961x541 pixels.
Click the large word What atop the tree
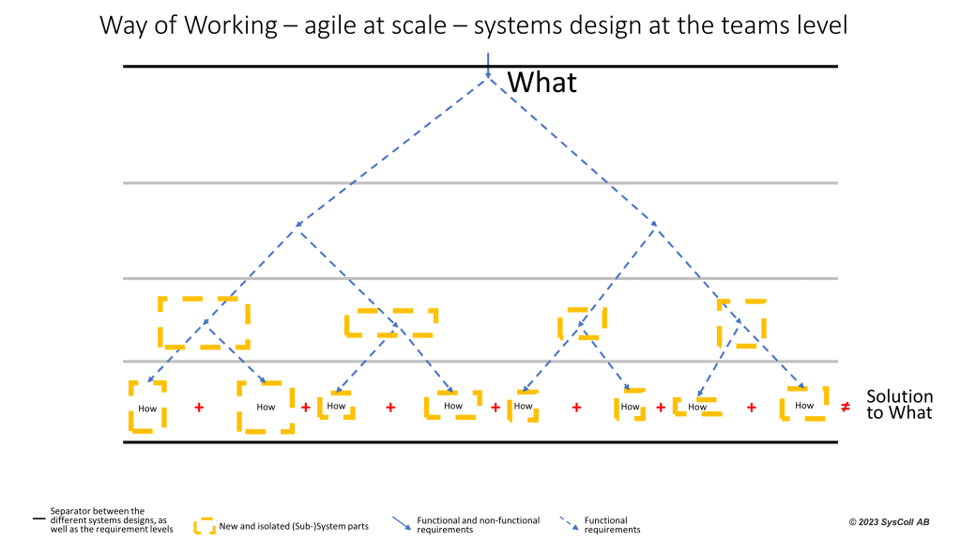(x=542, y=83)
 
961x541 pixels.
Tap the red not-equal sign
(x=846, y=407)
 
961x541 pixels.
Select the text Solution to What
(x=899, y=404)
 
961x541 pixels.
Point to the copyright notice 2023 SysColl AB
(x=889, y=522)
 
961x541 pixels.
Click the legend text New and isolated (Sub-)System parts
(x=294, y=526)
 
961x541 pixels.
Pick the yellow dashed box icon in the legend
(x=205, y=526)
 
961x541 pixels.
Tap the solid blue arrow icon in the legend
(x=402, y=523)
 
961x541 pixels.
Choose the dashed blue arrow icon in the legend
(x=569, y=523)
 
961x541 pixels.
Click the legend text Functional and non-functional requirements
(x=478, y=525)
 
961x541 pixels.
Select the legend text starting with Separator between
(x=112, y=520)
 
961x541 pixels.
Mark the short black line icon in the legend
(x=39, y=518)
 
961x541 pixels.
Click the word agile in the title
(x=331, y=25)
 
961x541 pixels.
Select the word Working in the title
(x=231, y=25)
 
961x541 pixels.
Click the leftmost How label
(x=147, y=409)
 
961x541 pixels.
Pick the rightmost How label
(x=804, y=406)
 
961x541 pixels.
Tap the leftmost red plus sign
(x=199, y=408)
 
